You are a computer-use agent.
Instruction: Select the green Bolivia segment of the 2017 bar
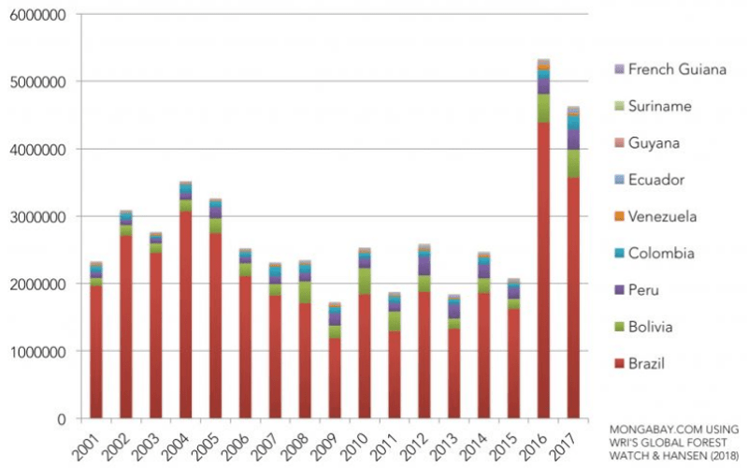point(573,163)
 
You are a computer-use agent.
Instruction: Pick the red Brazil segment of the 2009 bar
point(334,378)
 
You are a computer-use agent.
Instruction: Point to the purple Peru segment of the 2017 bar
point(573,139)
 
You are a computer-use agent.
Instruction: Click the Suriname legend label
point(660,106)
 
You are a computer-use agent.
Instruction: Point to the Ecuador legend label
point(656,180)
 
